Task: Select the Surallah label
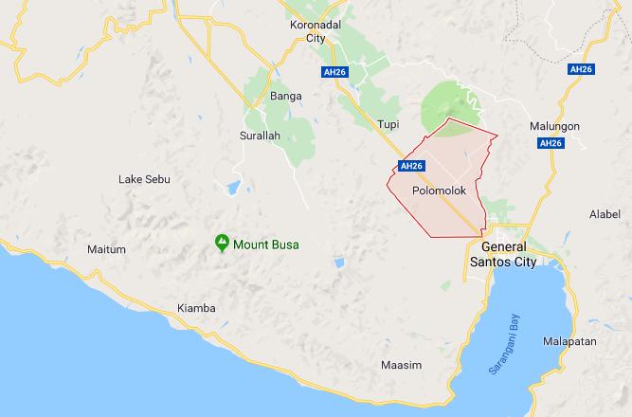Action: click(262, 136)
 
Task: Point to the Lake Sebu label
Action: click(143, 179)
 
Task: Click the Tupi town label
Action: click(388, 124)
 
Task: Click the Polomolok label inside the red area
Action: click(441, 190)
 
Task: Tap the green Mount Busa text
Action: click(266, 245)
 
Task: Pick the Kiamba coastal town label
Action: click(196, 309)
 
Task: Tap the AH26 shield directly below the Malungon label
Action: click(550, 143)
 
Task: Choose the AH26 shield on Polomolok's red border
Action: click(409, 166)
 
